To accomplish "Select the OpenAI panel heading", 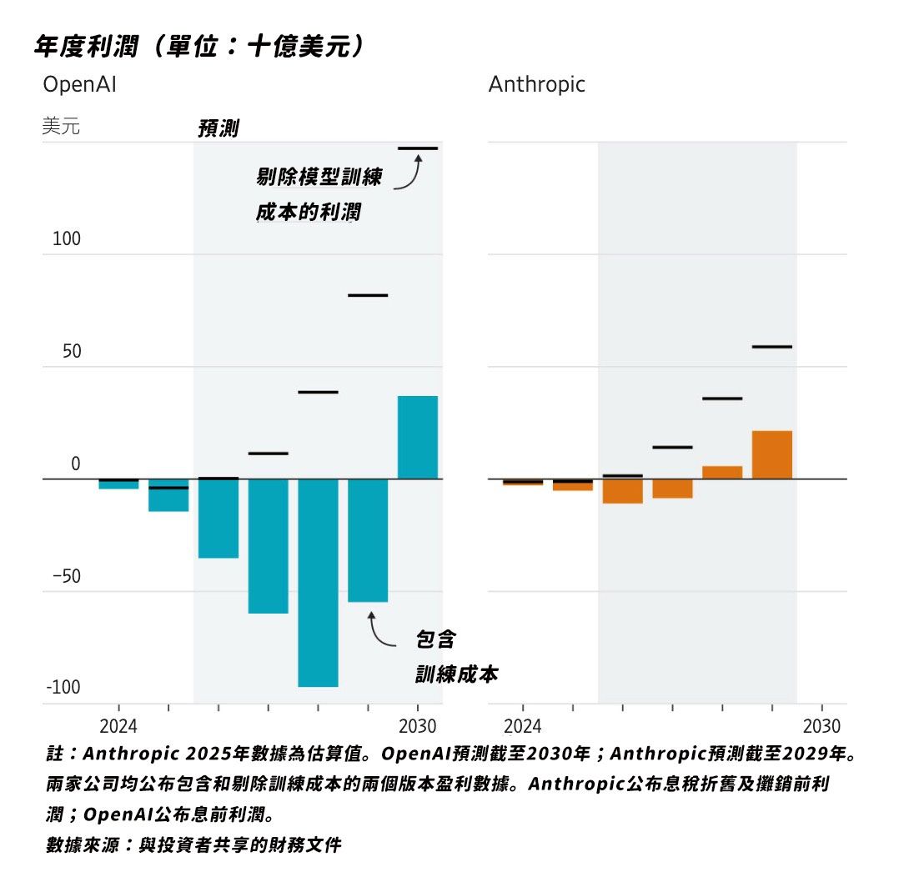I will (x=79, y=84).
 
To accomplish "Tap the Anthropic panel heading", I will (x=536, y=84).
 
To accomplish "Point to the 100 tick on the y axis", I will (x=67, y=239).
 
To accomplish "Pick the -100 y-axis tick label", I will (x=64, y=688).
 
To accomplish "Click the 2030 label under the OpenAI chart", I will (x=419, y=725).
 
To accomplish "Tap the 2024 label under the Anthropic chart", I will (x=523, y=725).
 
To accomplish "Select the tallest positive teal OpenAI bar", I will (x=417, y=437).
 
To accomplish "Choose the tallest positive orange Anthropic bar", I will (x=771, y=454).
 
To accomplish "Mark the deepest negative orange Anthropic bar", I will (x=622, y=490).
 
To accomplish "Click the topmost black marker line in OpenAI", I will (x=417, y=148).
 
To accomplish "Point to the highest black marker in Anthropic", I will (x=771, y=346).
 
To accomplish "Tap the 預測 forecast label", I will (x=218, y=128).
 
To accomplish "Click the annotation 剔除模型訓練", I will (x=319, y=178).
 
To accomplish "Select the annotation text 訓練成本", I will (x=456, y=674).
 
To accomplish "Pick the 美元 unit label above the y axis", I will (x=61, y=128).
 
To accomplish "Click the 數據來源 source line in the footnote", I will (x=193, y=844).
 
